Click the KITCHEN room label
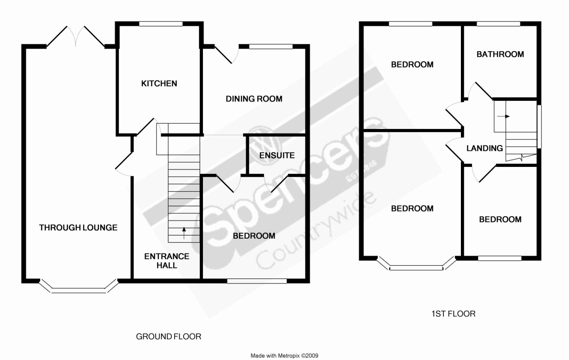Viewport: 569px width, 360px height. [159, 83]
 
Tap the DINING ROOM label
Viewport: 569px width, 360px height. [254, 99]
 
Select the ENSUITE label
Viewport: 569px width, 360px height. [277, 155]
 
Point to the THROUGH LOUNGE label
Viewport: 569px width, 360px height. [78, 228]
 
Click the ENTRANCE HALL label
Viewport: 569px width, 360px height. [167, 261]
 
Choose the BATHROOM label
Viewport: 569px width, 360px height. [500, 54]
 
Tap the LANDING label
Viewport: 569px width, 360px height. [484, 148]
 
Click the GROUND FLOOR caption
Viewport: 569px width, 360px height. [168, 336]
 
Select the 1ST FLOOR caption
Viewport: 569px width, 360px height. [453, 314]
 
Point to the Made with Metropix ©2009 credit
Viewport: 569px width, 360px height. [284, 356]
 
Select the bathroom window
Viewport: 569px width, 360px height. [498, 24]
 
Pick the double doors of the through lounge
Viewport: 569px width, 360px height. [75, 37]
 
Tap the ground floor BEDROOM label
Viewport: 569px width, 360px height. [254, 236]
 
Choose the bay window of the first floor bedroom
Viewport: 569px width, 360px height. [416, 267]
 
